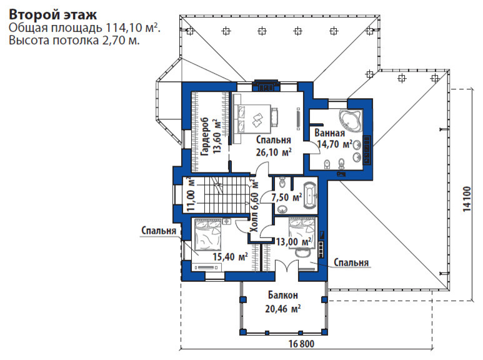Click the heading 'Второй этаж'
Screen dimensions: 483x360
pyautogui.click(x=52, y=14)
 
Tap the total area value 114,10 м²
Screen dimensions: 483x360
pyautogui.click(x=133, y=27)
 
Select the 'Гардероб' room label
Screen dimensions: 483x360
pyautogui.click(x=204, y=136)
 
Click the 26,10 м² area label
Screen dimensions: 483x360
pyautogui.click(x=274, y=152)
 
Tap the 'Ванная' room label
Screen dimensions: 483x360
pyautogui.click(x=329, y=133)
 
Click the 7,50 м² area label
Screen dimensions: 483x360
pyautogui.click(x=286, y=197)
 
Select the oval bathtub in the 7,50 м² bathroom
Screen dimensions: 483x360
pyautogui.click(x=310, y=196)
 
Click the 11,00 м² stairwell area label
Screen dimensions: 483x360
pyautogui.click(x=191, y=194)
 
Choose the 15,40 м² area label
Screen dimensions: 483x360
pyautogui.click(x=230, y=256)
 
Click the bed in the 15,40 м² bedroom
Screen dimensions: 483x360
pyautogui.click(x=208, y=235)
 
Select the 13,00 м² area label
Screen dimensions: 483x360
pyautogui.click(x=294, y=242)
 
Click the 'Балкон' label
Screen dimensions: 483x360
pyautogui.click(x=283, y=295)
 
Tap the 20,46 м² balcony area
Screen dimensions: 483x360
pyautogui.click(x=283, y=309)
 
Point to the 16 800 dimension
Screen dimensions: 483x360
pyautogui.click(x=301, y=344)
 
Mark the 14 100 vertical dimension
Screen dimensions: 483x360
pyautogui.click(x=467, y=199)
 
